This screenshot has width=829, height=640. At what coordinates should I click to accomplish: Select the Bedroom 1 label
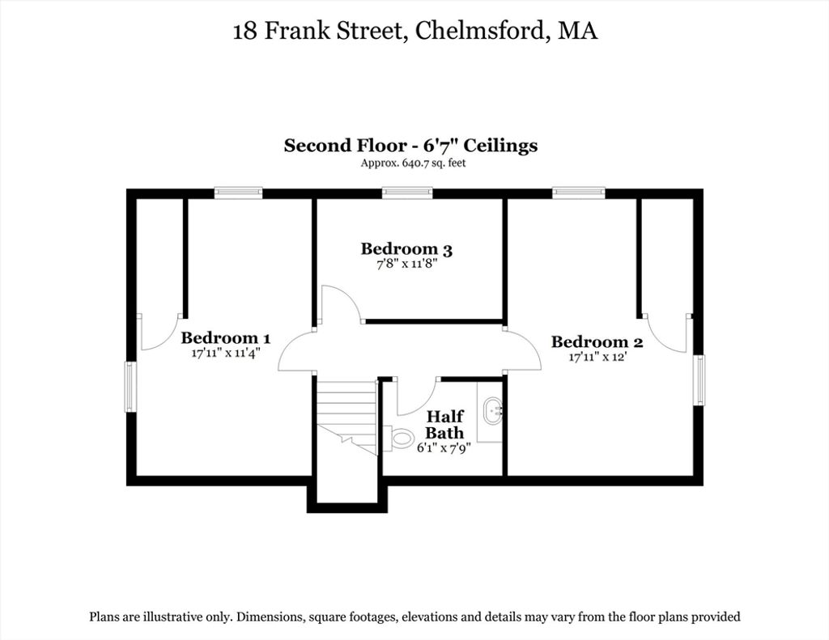pos(226,337)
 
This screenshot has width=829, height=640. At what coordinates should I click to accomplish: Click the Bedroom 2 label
pos(597,342)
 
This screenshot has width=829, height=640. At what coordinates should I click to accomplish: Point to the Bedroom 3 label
pos(406,249)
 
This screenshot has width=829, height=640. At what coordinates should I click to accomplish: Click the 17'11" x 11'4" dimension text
pos(227,353)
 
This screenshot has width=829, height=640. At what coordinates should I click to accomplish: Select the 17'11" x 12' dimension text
pos(597,358)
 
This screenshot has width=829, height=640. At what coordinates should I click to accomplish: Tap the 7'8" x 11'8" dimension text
pos(406,264)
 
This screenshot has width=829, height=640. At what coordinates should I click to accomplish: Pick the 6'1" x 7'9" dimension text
pos(444,448)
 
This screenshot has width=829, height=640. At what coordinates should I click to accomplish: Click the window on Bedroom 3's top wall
pos(407,193)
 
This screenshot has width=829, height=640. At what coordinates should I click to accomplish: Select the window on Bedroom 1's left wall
pos(130,386)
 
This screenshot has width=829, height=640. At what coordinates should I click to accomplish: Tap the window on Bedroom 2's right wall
pos(699,380)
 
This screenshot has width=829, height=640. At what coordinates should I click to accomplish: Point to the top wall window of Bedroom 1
pos(239,193)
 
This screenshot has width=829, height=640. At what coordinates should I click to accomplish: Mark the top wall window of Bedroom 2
pos(578,193)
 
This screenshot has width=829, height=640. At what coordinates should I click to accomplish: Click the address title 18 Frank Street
pos(415,31)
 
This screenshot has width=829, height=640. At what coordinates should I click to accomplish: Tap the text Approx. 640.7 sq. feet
pos(413,163)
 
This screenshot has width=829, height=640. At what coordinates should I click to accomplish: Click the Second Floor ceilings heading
pos(410,146)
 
